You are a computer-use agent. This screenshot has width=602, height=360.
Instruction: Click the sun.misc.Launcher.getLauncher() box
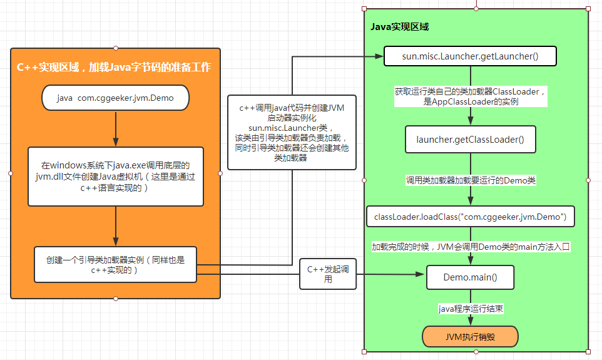pos(470,56)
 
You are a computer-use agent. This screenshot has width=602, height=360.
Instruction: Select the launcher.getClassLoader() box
pos(470,139)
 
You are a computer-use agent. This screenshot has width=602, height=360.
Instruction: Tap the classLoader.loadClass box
pos(470,217)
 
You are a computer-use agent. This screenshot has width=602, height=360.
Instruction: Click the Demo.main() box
pos(470,276)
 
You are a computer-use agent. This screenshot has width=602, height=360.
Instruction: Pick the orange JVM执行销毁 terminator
pos(470,336)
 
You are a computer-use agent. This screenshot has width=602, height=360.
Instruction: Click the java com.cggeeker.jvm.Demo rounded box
pos(115,98)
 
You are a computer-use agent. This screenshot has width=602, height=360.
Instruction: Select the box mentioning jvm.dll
pos(115,176)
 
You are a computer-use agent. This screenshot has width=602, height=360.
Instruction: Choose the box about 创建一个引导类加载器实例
pos(115,264)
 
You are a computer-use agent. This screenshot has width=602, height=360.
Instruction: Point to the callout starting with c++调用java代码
pos(292,132)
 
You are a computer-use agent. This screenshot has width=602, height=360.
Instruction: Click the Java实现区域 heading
pos(399,27)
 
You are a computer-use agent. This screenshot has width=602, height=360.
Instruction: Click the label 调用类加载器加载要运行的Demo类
pos(471,180)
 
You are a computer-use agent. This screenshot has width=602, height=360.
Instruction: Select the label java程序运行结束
pos(471,308)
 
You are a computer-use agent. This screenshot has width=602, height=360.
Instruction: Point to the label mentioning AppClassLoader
pos(471,96)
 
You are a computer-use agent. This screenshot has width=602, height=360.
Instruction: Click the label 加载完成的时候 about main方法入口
pos(471,247)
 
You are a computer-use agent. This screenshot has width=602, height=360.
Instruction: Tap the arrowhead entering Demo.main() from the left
pos(421,274)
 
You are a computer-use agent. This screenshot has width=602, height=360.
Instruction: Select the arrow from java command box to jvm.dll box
pos(116,128)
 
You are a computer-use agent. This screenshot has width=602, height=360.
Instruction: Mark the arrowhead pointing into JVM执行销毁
pos(471,322)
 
